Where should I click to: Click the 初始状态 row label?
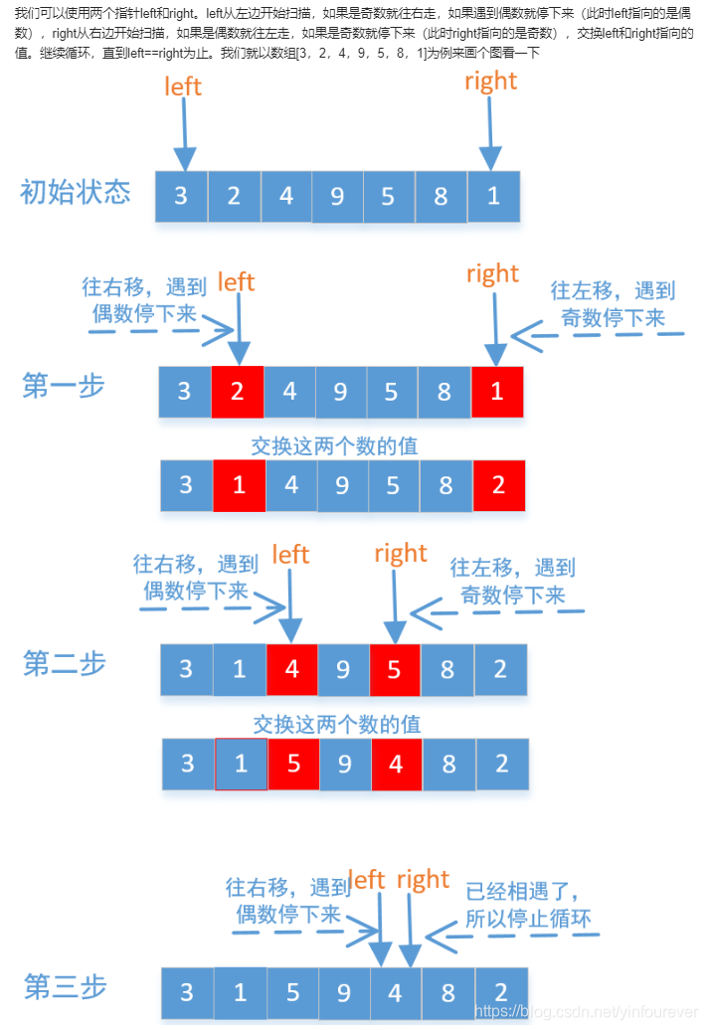point(76,192)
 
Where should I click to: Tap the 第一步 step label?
point(64,386)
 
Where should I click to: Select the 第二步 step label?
point(65,663)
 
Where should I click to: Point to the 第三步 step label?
point(66,987)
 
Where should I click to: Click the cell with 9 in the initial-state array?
point(337,196)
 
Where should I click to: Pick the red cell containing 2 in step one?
point(237,392)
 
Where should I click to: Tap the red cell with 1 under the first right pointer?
point(497,392)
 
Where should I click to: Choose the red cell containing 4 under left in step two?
point(291,669)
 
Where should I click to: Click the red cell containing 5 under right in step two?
point(395,669)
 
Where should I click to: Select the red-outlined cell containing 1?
point(241,764)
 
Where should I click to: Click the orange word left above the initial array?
point(183,86)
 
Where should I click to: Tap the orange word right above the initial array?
point(490,81)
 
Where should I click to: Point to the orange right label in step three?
point(424,880)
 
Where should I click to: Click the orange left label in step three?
point(367,880)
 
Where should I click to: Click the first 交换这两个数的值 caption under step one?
point(334,445)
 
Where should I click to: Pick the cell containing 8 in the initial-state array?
point(441,196)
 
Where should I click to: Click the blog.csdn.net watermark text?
point(586,1011)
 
